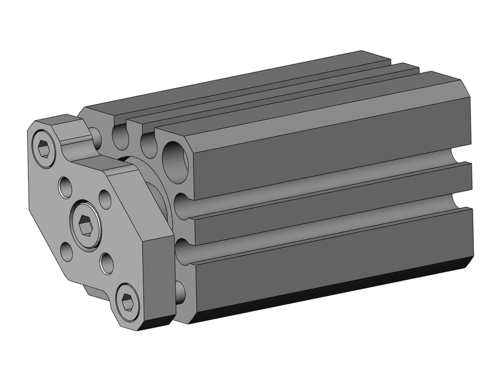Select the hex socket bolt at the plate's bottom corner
[127, 302]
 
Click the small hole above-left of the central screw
[65, 187]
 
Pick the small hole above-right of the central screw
[105, 199]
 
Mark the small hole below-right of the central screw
[106, 262]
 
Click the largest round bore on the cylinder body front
[175, 162]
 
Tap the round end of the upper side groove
[182, 206]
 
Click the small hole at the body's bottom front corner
[180, 292]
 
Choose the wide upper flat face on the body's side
[329, 145]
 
